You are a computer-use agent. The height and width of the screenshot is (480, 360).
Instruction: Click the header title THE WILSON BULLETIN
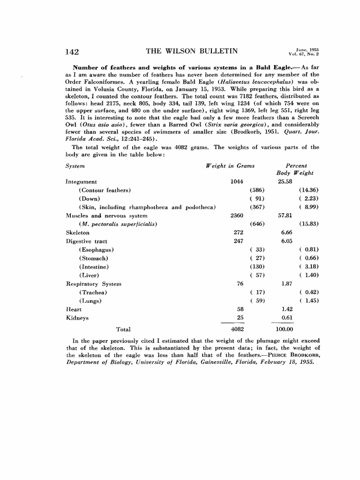click(192, 52)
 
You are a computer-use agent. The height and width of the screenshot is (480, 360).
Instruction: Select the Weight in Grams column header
click(230, 166)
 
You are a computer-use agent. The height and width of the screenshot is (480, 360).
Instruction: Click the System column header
click(75, 166)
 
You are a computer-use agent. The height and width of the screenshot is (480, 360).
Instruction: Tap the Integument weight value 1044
click(237, 182)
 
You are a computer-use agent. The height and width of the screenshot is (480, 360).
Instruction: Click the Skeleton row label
click(77, 232)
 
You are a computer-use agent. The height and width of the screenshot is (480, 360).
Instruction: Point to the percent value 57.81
click(285, 216)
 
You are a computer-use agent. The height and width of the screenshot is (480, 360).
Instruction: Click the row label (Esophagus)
click(97, 250)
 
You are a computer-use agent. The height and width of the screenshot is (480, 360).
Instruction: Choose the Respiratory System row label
click(93, 284)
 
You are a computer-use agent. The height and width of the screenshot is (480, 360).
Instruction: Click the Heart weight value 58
click(240, 309)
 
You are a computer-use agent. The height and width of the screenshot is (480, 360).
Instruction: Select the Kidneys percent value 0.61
click(287, 318)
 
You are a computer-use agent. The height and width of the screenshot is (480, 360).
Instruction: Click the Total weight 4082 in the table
click(237, 330)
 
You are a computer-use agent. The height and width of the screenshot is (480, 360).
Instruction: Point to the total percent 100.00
click(284, 330)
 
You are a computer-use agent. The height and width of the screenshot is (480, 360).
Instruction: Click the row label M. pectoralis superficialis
click(118, 224)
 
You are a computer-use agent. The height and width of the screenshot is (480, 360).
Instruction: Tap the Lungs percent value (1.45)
click(309, 301)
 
